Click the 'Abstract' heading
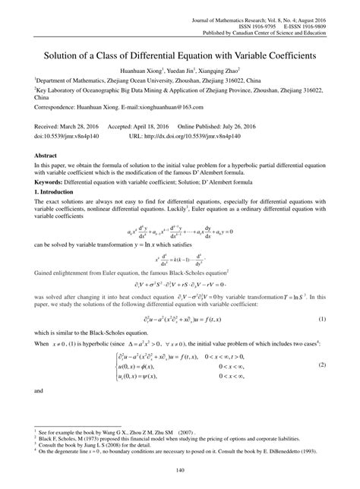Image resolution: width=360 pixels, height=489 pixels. pos(48,154)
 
